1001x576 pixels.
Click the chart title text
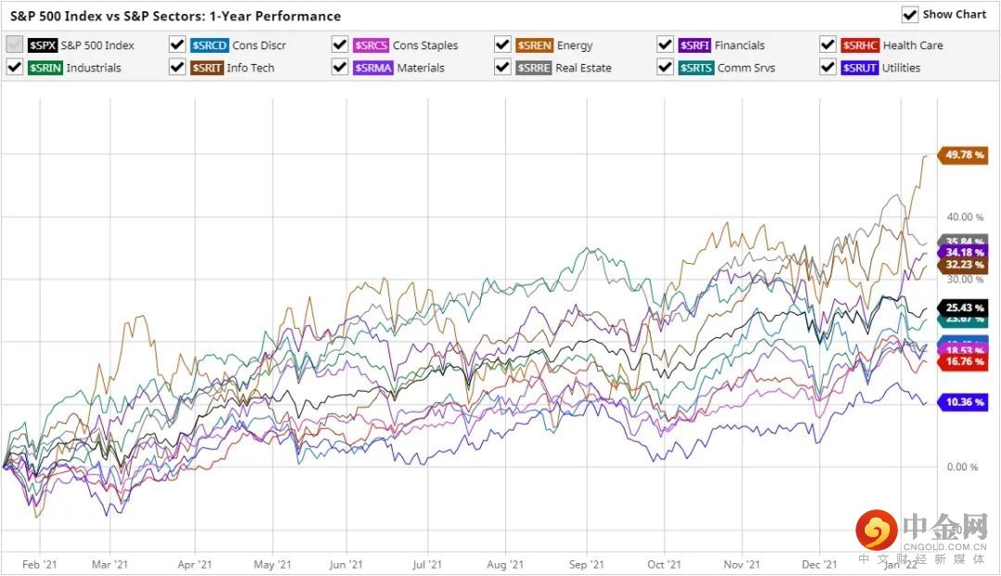175,16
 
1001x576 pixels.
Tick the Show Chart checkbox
910,15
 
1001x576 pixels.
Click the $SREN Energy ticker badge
535,45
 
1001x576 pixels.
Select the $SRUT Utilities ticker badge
860,68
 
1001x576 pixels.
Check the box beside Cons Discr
177,44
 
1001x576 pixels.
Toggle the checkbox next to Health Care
827,44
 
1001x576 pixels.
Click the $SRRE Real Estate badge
534,68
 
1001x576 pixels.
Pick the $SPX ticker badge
43,45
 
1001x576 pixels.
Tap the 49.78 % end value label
964,155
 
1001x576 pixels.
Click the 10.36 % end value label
964,402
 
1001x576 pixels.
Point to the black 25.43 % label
964,307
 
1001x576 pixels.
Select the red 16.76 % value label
964,362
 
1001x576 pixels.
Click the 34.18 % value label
964,252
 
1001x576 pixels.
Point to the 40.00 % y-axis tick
965,217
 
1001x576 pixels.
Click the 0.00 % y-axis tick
961,467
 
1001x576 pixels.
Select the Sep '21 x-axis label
586,564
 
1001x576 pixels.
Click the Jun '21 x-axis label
345,564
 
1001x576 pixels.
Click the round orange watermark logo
875,531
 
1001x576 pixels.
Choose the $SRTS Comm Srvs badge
696,68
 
